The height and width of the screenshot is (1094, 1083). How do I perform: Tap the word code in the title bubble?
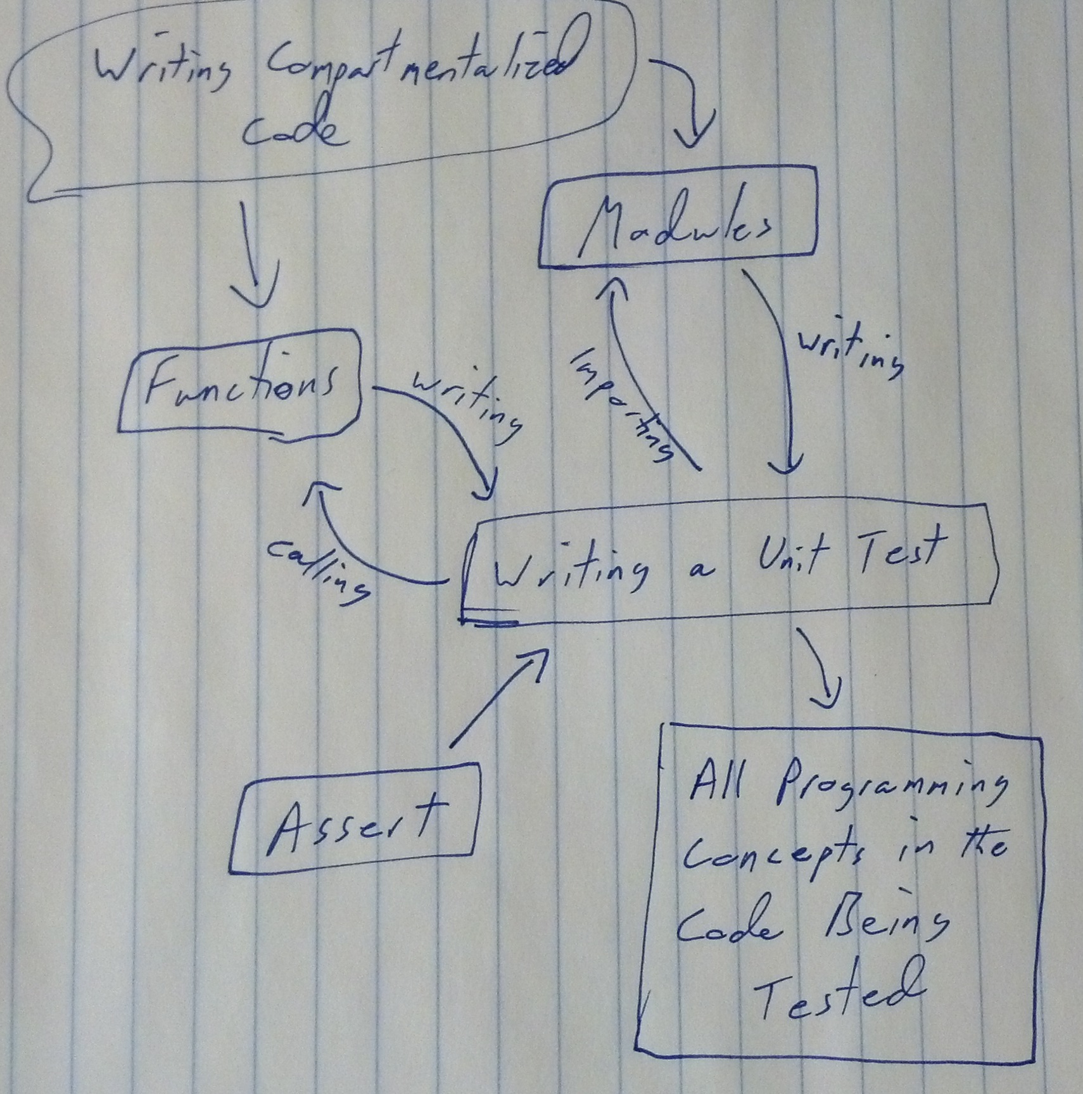point(294,130)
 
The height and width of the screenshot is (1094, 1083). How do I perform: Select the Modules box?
point(676,216)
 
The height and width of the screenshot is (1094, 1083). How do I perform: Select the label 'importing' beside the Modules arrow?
point(621,406)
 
